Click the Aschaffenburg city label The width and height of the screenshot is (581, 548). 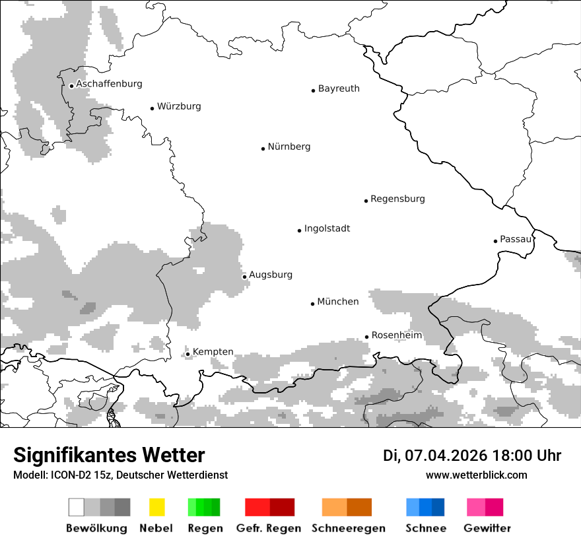pyautogui.click(x=109, y=84)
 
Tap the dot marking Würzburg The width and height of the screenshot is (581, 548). pyautogui.click(x=152, y=108)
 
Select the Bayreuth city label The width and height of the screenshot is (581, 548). pyautogui.click(x=339, y=88)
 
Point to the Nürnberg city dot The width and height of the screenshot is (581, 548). pyautogui.click(x=263, y=149)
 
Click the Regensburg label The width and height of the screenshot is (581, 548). pyautogui.click(x=397, y=199)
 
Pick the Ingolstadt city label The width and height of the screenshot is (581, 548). pyautogui.click(x=327, y=228)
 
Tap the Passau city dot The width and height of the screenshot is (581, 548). pyautogui.click(x=495, y=241)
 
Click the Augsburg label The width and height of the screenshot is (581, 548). pyautogui.click(x=270, y=275)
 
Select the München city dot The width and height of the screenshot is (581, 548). pyautogui.click(x=312, y=304)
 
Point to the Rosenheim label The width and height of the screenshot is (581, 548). pyautogui.click(x=396, y=335)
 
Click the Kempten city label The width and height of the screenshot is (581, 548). pyautogui.click(x=213, y=352)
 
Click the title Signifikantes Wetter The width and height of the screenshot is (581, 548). pyautogui.click(x=109, y=455)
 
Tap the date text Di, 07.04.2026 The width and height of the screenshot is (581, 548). pyautogui.click(x=434, y=456)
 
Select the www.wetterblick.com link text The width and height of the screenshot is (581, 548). pyautogui.click(x=476, y=475)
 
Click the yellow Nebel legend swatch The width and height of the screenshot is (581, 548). pyautogui.click(x=156, y=507)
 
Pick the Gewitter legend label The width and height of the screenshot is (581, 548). pyautogui.click(x=487, y=528)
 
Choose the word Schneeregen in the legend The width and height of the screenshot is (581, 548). pyautogui.click(x=348, y=528)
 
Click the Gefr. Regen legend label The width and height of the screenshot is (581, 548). pyautogui.click(x=269, y=528)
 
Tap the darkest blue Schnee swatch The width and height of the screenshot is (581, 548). pyautogui.click(x=438, y=507)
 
